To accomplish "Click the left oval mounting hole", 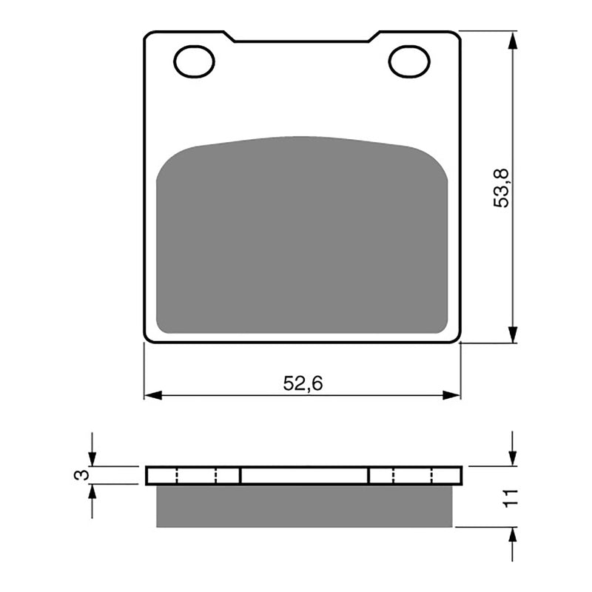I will point(195,61).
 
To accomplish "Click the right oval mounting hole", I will point(409,61).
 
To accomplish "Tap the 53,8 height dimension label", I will point(503,187).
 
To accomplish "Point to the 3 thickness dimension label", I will point(83,474).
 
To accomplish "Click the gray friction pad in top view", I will point(302,237).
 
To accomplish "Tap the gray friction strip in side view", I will point(304,506).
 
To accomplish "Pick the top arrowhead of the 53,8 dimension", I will point(511,38).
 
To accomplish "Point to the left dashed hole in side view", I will point(197,475).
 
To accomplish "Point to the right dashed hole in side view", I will point(412,475).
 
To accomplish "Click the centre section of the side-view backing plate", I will point(304,475).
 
